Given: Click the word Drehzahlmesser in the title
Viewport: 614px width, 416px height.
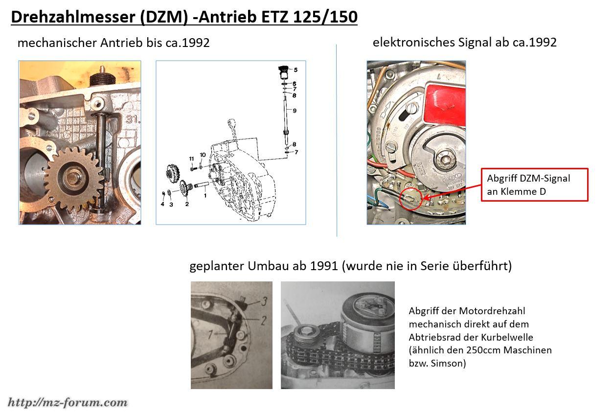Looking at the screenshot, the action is (73, 17).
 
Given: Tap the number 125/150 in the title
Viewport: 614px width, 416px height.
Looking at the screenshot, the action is (325, 17).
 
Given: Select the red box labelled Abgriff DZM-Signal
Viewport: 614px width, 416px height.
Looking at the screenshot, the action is (535, 185).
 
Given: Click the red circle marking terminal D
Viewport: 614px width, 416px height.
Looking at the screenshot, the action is (411, 199).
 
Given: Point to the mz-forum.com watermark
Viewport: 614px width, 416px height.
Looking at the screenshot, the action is (68, 402).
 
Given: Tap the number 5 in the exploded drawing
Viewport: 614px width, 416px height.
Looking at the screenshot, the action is (296, 70).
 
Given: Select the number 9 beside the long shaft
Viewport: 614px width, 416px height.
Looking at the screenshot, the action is (295, 111).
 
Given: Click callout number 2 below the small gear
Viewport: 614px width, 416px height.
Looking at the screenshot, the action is (187, 204).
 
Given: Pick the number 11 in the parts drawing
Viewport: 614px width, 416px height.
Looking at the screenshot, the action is (191, 159).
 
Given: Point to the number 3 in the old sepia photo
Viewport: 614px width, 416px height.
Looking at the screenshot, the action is (264, 301).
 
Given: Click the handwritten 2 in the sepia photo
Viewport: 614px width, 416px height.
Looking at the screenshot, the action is (264, 320).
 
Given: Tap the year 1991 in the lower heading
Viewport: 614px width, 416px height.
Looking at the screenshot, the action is (324, 266).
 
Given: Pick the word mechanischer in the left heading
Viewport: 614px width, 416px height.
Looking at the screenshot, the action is (57, 43).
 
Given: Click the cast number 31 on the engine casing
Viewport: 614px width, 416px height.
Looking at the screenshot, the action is (132, 119).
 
